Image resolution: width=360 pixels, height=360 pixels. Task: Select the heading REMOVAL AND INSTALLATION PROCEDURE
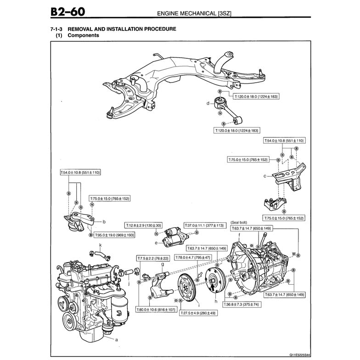(x=122, y=29)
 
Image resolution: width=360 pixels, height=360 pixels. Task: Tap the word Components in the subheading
(x=83, y=35)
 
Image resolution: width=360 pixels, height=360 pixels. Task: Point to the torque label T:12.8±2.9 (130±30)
(x=143, y=225)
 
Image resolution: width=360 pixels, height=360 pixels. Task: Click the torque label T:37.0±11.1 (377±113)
(x=204, y=225)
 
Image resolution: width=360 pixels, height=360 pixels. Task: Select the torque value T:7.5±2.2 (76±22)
(x=153, y=259)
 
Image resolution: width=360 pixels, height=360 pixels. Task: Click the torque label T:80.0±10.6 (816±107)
(x=156, y=310)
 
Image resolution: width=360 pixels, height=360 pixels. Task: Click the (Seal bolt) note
(x=239, y=222)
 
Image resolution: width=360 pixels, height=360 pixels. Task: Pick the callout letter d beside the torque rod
(x=208, y=103)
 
